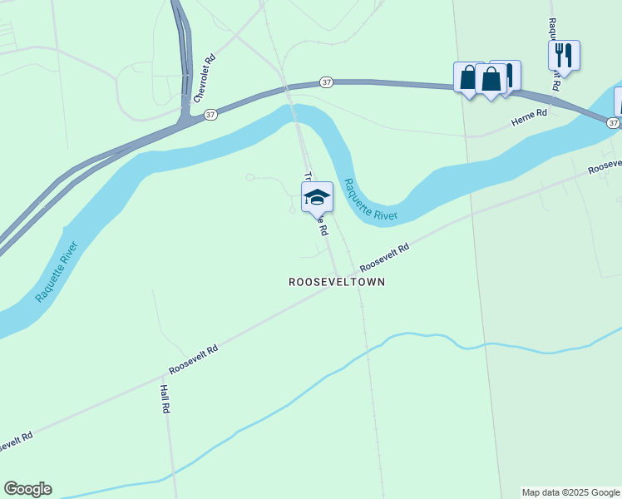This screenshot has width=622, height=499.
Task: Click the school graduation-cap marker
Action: [317, 197]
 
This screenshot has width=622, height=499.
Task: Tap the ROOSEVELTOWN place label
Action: [337, 282]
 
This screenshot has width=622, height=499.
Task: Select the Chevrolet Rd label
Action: [205, 78]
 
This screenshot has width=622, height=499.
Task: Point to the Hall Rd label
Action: [165, 398]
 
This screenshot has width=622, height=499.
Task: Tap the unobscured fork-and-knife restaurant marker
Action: [564, 56]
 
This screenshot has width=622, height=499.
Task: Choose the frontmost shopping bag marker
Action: [491, 80]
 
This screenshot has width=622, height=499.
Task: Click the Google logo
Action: [27, 489]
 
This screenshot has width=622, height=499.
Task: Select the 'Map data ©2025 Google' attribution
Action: [571, 492]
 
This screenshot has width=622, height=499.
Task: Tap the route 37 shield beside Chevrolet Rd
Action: [210, 114]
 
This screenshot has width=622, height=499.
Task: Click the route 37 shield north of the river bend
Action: [327, 82]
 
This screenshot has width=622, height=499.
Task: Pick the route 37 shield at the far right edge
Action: [613, 122]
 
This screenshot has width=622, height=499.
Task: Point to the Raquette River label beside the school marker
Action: [371, 200]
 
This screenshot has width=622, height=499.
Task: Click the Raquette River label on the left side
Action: [57, 272]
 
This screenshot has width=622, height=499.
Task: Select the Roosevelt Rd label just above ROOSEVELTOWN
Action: [385, 259]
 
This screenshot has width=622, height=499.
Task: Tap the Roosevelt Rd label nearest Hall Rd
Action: [193, 359]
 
